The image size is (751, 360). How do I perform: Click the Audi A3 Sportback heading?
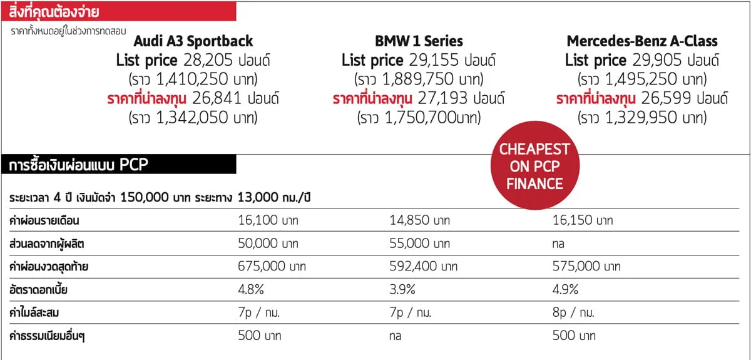click(x=193, y=41)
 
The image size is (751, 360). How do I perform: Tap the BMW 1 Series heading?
click(x=419, y=41)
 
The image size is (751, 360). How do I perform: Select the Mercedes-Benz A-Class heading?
click(x=642, y=41)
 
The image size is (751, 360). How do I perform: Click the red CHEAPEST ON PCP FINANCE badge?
click(x=534, y=167)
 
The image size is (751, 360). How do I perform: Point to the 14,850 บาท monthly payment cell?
click(x=419, y=220)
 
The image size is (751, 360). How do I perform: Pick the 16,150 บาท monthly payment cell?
click(x=582, y=220)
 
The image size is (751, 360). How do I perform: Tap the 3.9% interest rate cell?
click(x=402, y=290)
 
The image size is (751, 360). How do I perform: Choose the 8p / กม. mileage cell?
click(x=573, y=312)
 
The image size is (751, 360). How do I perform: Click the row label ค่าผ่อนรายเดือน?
click(x=44, y=220)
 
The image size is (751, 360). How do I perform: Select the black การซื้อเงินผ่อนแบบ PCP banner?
click(x=119, y=165)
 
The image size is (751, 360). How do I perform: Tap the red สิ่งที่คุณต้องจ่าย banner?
click(x=119, y=11)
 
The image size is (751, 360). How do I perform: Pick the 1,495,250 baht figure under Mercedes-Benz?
click(x=650, y=80)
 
